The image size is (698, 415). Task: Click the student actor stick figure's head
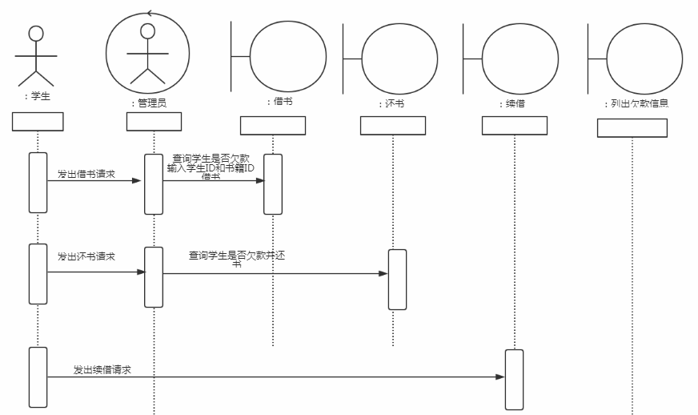(x=36, y=33)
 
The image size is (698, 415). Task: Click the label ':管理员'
(x=149, y=103)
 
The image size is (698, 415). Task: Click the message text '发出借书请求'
(x=86, y=173)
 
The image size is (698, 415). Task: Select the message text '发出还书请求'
(x=86, y=256)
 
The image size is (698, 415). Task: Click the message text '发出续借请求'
(x=102, y=370)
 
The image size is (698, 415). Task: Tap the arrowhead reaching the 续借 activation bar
(x=500, y=377)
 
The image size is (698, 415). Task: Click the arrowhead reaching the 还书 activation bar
(x=383, y=273)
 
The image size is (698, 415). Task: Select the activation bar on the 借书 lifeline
(x=273, y=184)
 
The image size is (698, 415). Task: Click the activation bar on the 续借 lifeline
(x=514, y=379)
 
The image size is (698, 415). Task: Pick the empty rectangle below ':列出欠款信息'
(x=632, y=128)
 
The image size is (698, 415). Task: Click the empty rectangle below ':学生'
(x=38, y=122)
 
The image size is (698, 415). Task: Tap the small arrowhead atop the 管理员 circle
(x=150, y=14)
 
